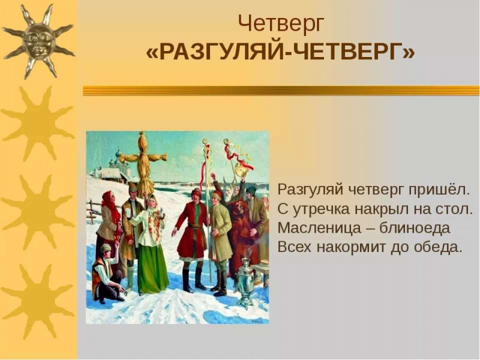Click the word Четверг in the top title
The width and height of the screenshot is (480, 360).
(281, 24)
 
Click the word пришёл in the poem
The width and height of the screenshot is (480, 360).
(441, 190)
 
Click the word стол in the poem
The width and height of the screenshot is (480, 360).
(458, 209)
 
